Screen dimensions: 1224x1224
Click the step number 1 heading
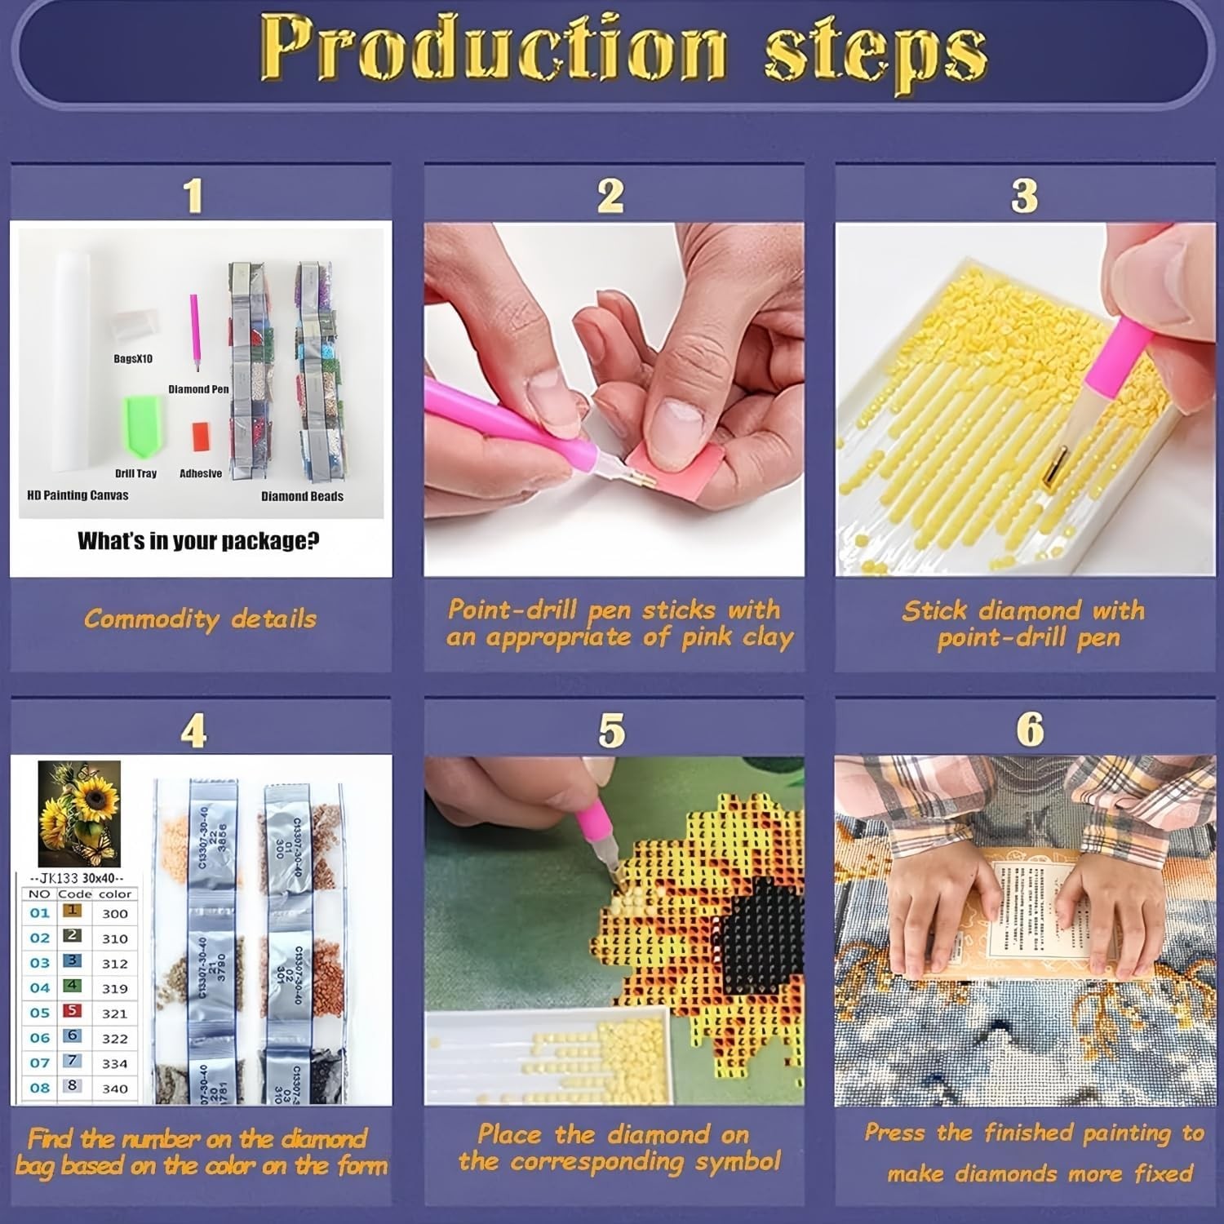point(193,196)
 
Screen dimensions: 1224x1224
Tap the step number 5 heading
point(611,730)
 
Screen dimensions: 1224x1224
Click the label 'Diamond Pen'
point(198,389)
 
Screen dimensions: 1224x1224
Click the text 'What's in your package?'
point(198,540)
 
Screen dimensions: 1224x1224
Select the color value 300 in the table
point(115,914)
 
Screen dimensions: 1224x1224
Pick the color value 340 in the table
point(115,1088)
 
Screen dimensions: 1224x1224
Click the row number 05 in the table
point(40,1013)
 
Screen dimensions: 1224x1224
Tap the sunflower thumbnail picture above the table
point(79,814)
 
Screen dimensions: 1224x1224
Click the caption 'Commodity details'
point(200,619)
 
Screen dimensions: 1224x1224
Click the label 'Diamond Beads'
point(302,496)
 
